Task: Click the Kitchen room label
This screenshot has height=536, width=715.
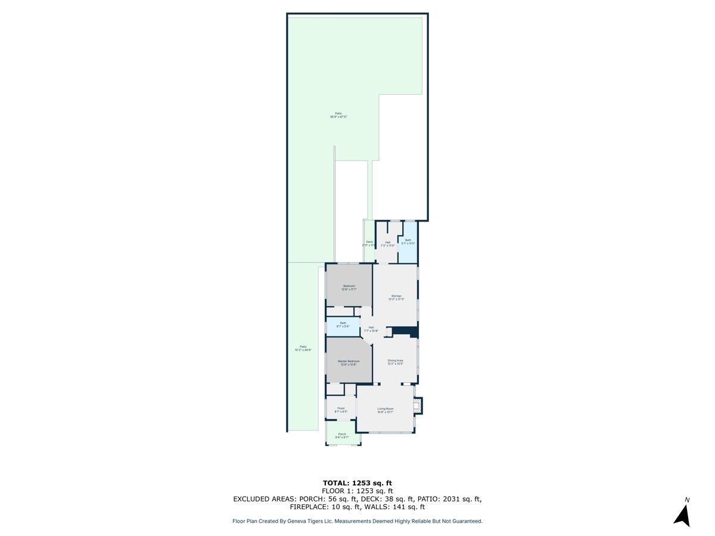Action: (396, 296)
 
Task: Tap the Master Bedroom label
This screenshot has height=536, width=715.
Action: (349, 362)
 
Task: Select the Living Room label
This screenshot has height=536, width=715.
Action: (386, 409)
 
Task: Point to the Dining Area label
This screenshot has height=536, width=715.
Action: (396, 360)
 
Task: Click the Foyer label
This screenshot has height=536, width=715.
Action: (341, 408)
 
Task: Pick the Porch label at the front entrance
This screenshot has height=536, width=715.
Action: (342, 434)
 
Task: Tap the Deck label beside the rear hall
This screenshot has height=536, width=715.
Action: (369, 242)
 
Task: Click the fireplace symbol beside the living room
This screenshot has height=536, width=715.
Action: (418, 406)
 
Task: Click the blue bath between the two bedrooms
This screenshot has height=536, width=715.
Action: (343, 327)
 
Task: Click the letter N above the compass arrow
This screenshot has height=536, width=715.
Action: (687, 500)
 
